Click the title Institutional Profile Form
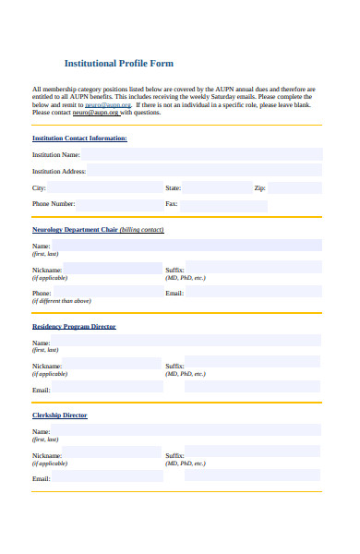pos(118,64)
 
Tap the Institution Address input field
pos(204,171)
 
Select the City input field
pos(111,187)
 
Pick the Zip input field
pos(294,187)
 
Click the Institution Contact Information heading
pos(79,138)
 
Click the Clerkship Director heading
pos(60,415)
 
